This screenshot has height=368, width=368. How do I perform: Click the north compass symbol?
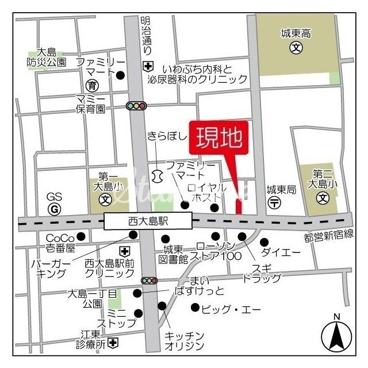(336, 335)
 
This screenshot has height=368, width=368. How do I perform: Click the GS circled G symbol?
(55, 209)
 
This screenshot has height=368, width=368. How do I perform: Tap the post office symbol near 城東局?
(275, 202)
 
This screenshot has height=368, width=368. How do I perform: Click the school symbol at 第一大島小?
(105, 200)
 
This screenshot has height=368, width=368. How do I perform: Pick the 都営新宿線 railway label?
(328, 237)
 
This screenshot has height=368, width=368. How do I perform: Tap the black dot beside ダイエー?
(264, 242)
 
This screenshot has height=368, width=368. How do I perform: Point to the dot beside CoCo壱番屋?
(81, 236)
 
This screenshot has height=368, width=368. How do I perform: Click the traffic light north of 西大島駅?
(137, 106)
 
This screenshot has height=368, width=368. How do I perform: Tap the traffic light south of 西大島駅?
(149, 281)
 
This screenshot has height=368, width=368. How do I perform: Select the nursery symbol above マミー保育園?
(91, 86)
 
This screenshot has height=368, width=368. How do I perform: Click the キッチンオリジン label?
(185, 340)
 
